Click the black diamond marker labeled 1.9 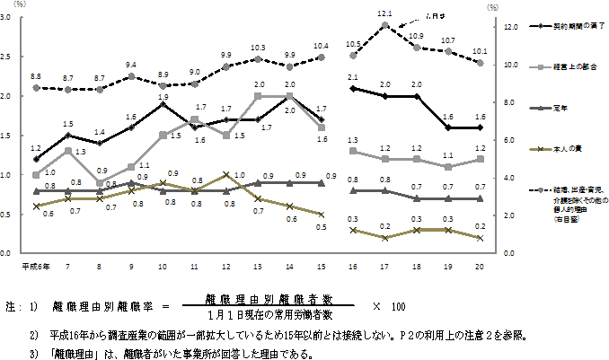tap(163, 104)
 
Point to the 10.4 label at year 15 tap(320, 46)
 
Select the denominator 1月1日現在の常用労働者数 tap(269, 315)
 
